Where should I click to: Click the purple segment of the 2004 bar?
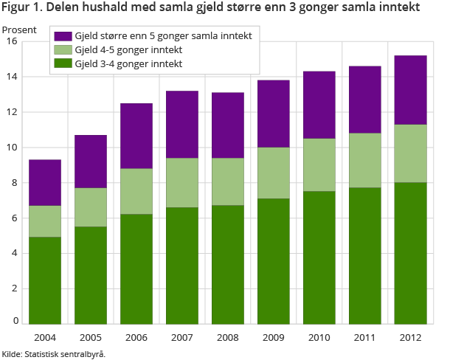[45, 182]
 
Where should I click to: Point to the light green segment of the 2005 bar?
[90, 207]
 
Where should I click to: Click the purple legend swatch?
[63, 36]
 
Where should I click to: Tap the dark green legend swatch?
[63, 64]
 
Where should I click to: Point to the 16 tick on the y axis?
[12, 41]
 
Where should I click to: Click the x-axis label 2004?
[45, 337]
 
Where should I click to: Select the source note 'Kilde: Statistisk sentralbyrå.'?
[54, 353]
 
